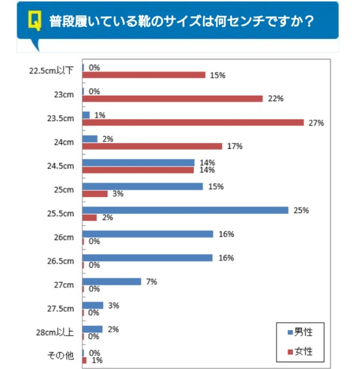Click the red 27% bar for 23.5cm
click(x=193, y=122)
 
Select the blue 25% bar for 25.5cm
click(x=185, y=210)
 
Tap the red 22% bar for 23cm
click(x=172, y=99)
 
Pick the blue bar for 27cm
click(x=112, y=281)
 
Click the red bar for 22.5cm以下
click(x=144, y=75)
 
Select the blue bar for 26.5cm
click(x=148, y=258)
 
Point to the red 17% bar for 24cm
click(x=152, y=146)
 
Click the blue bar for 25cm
click(x=142, y=186)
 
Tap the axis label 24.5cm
click(x=61, y=166)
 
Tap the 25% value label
click(x=301, y=210)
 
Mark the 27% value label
click(x=317, y=123)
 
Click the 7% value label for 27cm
click(x=151, y=281)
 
